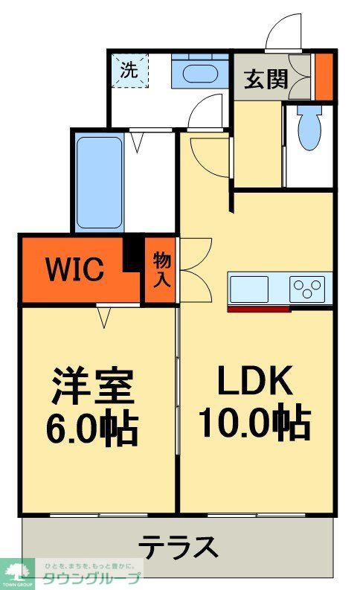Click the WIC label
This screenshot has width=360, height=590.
click(76, 269)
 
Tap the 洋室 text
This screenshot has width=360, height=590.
click(92, 385)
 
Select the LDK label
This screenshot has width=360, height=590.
click(253, 383)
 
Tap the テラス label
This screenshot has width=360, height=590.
click(179, 548)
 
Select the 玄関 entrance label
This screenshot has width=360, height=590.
click(266, 79)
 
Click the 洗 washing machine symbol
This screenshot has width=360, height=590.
click(129, 71)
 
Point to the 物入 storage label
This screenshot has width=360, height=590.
click(161, 269)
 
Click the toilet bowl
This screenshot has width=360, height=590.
click(307, 129)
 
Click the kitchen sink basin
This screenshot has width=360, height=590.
click(248, 287)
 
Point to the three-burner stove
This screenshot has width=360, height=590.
click(307, 287)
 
